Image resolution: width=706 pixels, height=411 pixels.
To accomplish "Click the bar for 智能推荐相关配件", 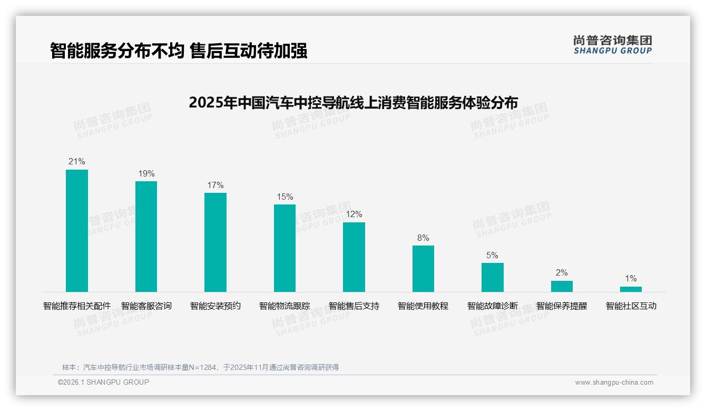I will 77,231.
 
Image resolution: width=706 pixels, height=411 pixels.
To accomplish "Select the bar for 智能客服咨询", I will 146,237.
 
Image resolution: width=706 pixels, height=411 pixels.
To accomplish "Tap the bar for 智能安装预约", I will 215,242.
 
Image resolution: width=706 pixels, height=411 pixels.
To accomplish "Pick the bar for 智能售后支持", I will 354,257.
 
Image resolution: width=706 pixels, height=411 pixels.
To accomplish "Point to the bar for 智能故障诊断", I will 493,277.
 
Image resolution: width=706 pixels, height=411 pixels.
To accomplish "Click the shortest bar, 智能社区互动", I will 631,289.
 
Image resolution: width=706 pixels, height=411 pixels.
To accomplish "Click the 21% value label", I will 77,162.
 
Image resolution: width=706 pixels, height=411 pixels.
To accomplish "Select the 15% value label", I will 285,197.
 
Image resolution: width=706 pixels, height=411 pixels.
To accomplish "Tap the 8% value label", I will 423,238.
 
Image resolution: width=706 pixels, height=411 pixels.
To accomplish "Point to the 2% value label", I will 562,273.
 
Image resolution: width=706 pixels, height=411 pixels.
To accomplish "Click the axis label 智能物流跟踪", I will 285,306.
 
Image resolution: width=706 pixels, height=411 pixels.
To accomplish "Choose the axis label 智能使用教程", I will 423,306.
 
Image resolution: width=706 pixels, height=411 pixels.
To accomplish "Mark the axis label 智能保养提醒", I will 562,306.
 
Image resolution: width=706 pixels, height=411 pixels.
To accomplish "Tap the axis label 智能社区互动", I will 631,306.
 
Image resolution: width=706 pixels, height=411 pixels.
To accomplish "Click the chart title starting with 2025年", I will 353,102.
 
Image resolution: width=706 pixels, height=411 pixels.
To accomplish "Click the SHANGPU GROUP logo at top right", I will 612,45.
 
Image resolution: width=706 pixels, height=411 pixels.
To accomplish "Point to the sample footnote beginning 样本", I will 200,367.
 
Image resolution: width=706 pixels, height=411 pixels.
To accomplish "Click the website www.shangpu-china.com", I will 614,383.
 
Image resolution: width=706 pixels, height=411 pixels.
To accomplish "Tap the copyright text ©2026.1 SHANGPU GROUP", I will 103,382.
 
